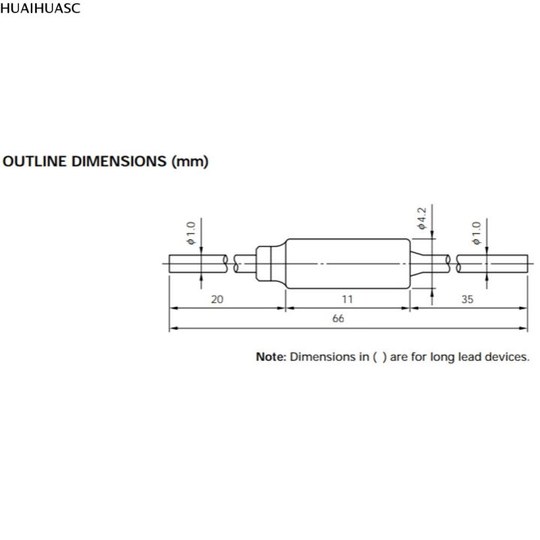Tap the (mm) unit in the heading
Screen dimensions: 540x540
click(x=190, y=161)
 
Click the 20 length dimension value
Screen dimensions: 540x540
click(x=217, y=298)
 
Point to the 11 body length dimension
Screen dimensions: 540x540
click(x=347, y=298)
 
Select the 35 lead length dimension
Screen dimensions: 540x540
click(x=467, y=298)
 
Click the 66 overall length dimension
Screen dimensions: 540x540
click(x=338, y=319)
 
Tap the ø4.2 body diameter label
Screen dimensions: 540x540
click(x=421, y=217)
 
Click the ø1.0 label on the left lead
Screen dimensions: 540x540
click(x=190, y=233)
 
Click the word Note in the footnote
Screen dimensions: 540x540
click(x=271, y=357)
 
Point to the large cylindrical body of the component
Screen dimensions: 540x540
click(x=347, y=263)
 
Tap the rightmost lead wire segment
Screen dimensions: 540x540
click(x=491, y=263)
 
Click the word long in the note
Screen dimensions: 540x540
click(x=442, y=357)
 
